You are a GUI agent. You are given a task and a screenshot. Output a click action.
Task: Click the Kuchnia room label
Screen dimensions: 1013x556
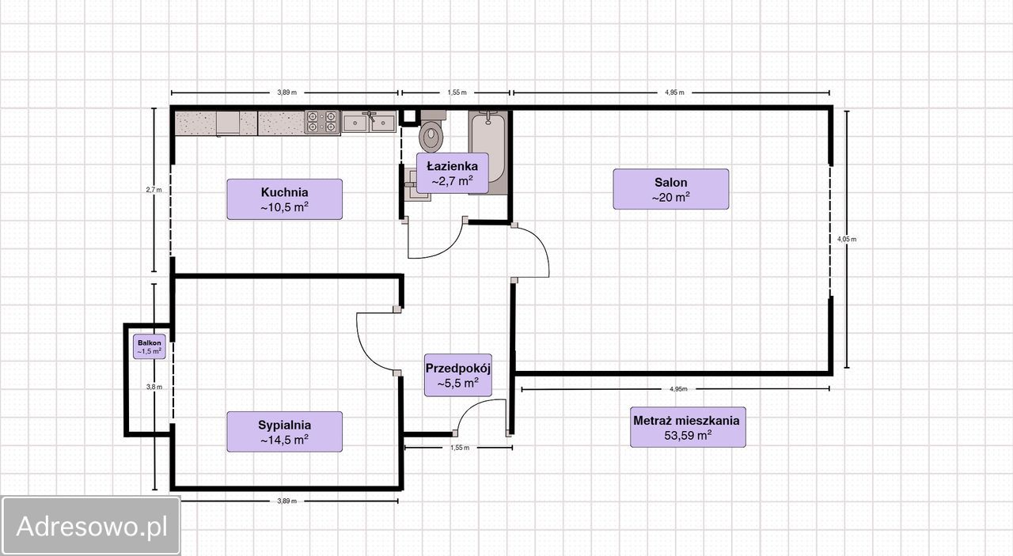(x=284, y=199)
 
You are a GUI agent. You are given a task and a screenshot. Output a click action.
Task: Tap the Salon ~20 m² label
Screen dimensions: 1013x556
(x=670, y=189)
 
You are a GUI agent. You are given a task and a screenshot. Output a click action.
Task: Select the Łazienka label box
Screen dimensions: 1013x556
(x=452, y=173)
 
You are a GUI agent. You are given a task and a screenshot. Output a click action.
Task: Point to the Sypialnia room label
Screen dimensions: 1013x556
(x=284, y=432)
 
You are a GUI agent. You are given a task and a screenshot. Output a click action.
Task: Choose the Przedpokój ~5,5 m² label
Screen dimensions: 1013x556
(x=458, y=375)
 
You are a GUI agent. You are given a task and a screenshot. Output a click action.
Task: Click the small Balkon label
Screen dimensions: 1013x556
(x=150, y=346)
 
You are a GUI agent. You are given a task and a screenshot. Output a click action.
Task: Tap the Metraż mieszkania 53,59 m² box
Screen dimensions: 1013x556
(x=688, y=427)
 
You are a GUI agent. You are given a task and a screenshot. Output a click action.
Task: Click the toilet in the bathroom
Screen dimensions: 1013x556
(x=432, y=131)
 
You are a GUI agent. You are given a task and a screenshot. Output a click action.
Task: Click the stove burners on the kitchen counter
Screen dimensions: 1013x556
(x=322, y=122)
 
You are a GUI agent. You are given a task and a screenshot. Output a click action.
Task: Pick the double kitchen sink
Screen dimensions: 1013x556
(x=369, y=122)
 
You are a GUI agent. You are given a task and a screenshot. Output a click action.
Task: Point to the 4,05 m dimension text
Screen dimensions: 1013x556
(x=847, y=239)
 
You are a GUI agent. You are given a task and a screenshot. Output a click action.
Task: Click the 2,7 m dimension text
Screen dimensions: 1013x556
(x=154, y=190)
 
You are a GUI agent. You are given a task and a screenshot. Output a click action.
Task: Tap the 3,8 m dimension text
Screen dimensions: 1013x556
(x=154, y=387)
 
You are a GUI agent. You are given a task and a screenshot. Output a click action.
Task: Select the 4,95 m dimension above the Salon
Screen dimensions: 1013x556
(x=674, y=93)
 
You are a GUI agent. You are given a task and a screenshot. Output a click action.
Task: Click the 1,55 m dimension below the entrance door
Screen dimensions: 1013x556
(x=460, y=448)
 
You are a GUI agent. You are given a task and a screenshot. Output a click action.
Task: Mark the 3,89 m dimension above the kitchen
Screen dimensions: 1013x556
(x=286, y=93)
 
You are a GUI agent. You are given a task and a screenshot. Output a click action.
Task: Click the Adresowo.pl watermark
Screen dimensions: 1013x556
(x=91, y=526)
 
